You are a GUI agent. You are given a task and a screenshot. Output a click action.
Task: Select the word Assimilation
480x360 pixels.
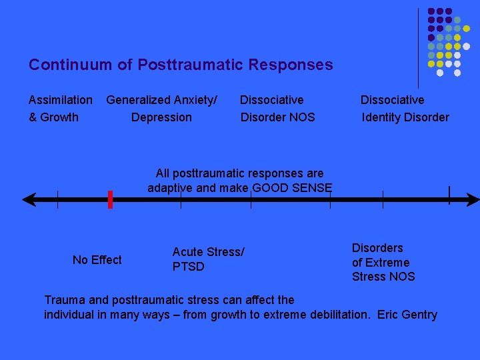coord(61,100)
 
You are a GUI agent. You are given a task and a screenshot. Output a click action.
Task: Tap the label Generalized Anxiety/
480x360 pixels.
coord(161,100)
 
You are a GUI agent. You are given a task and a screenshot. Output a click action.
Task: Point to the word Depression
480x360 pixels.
coord(161,117)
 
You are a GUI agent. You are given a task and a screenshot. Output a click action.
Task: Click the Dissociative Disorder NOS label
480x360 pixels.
coord(277,109)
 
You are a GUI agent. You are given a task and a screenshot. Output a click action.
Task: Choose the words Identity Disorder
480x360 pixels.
coord(405,117)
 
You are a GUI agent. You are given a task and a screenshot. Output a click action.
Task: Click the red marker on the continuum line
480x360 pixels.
coord(110,199)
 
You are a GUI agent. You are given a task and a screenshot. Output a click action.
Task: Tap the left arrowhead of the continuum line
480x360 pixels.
coord(28,199)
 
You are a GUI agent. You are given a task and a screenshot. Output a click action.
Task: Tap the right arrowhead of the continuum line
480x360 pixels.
coord(473,199)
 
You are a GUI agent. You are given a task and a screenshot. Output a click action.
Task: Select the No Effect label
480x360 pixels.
coord(97,260)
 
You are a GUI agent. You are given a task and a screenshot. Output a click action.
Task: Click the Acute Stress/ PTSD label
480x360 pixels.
coord(208,259)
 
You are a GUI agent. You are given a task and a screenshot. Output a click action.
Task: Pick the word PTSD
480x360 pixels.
coord(189,267)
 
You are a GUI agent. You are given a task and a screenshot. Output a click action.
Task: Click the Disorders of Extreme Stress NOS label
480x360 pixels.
coord(383,262)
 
